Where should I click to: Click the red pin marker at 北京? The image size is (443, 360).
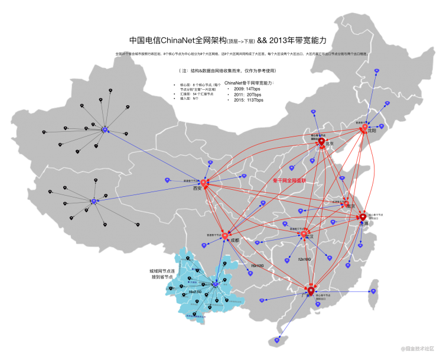pos(321,141)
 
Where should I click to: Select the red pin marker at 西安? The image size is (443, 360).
pos(204,183)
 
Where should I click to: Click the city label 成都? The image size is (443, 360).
pos(235,241)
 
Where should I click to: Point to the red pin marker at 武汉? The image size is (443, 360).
pos(304,234)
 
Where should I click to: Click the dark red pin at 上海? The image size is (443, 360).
pos(363,217)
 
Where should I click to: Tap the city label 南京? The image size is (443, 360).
pos(351,206)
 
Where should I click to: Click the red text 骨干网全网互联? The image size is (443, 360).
pos(289,180)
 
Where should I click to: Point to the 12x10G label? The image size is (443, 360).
pos(304,259)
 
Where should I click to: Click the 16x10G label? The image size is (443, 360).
pos(257,266)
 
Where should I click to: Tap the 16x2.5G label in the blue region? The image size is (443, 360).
pos(195,292)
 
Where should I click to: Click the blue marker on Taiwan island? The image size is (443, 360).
pos(373,291)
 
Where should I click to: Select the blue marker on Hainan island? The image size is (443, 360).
pos(277,340)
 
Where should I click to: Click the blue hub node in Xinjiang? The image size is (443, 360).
pos(105,129)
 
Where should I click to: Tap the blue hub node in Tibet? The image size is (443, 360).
pos(93,201)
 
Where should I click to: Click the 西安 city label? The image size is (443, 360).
pos(197,189)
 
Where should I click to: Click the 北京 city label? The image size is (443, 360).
pos(330,144)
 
